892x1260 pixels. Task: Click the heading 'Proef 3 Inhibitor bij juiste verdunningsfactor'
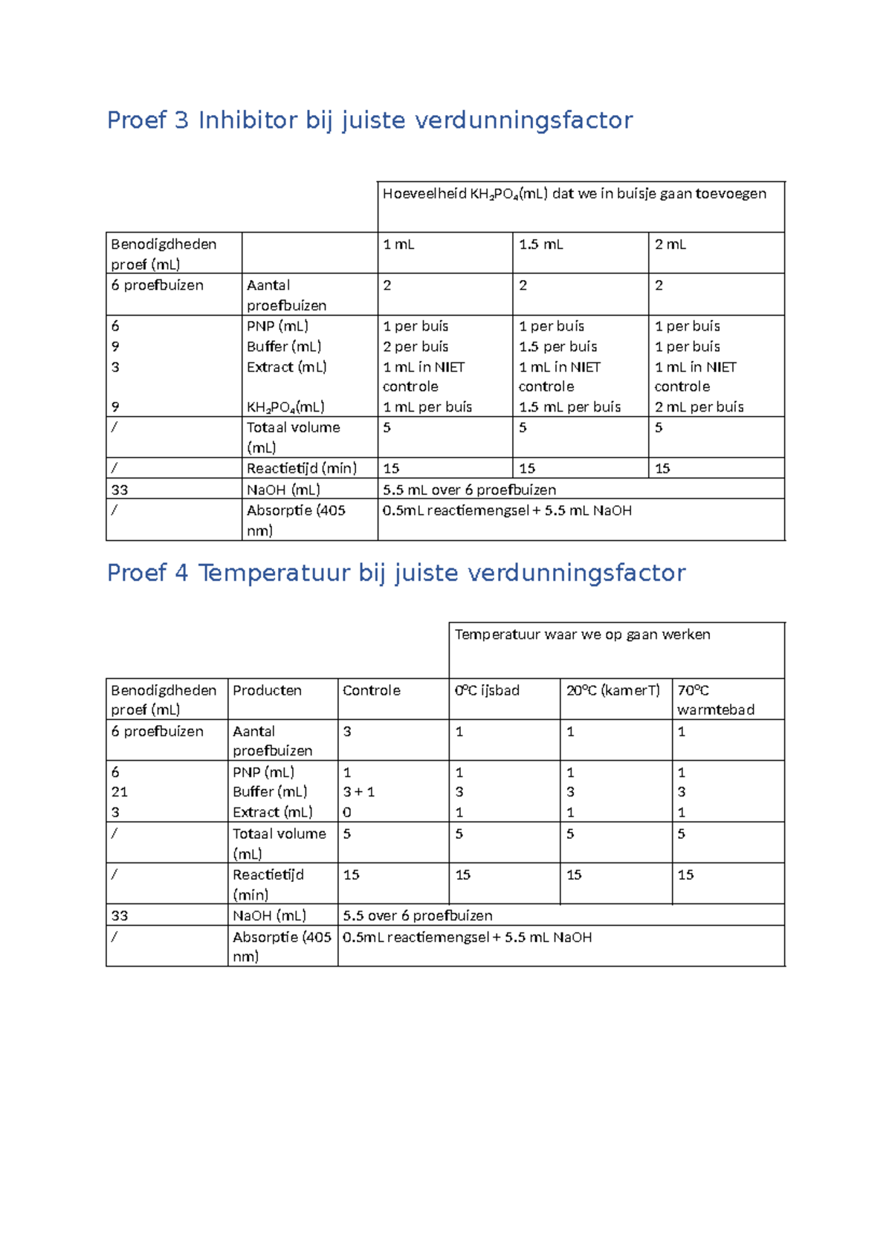pyautogui.click(x=369, y=120)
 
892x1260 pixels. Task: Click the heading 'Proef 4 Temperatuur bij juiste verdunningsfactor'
pyautogui.click(x=395, y=573)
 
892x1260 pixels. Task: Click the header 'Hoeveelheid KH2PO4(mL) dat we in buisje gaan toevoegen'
pyautogui.click(x=574, y=194)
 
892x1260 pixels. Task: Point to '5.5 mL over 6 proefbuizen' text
pyautogui.click(x=469, y=490)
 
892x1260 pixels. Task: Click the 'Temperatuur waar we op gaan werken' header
pyautogui.click(x=582, y=634)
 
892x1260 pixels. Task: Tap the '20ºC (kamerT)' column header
pyautogui.click(x=613, y=690)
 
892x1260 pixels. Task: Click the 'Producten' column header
pyautogui.click(x=267, y=690)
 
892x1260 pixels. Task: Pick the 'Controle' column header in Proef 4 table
pyautogui.click(x=371, y=690)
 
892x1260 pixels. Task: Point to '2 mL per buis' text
pyautogui.click(x=699, y=407)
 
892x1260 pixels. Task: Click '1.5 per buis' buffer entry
pyautogui.click(x=557, y=347)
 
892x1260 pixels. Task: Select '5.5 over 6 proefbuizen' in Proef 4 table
pyautogui.click(x=417, y=915)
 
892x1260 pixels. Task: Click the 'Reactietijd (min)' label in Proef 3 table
pyautogui.click(x=301, y=468)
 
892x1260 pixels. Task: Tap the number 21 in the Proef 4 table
pyautogui.click(x=119, y=792)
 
